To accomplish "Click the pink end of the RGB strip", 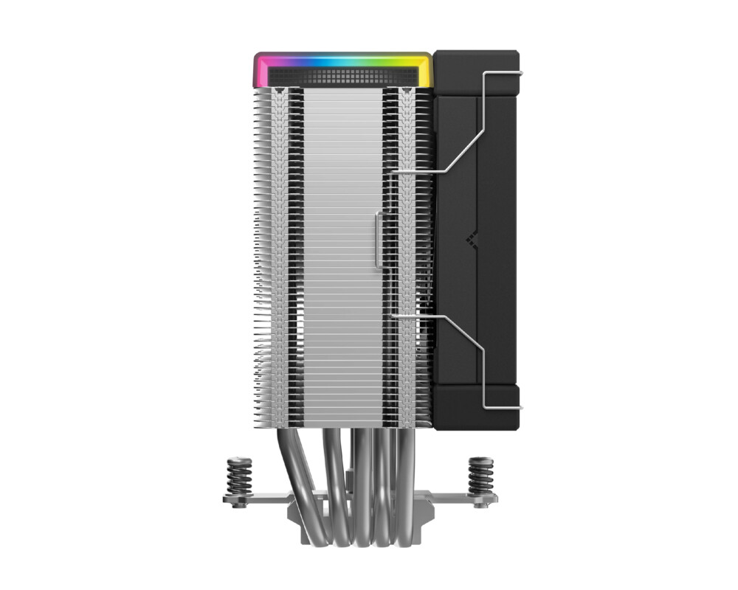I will (x=260, y=69).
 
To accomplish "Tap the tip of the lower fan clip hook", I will (x=520, y=407).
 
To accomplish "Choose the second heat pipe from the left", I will (x=332, y=472).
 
